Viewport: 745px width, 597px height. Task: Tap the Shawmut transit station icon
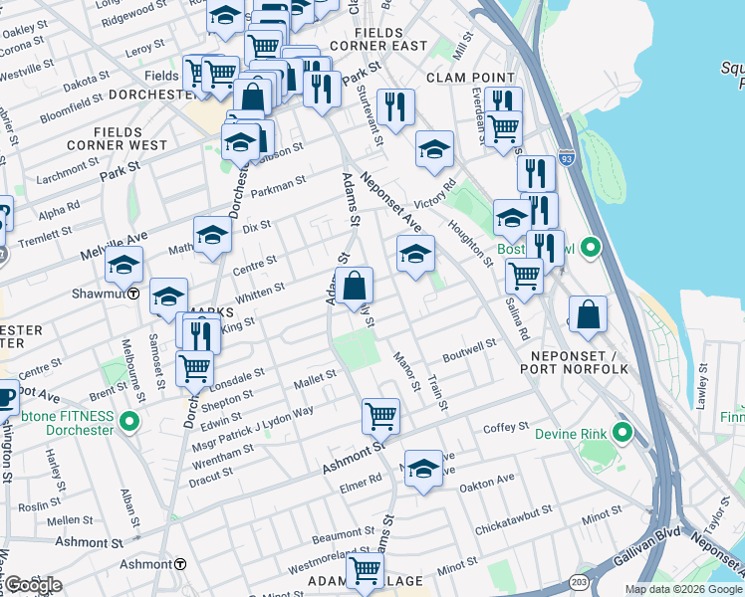pyautogui.click(x=133, y=294)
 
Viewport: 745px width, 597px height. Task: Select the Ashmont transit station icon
pyautogui.click(x=180, y=563)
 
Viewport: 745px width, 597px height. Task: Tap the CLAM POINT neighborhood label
pyautogui.click(x=470, y=77)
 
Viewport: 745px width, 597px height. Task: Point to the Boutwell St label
pyautogui.click(x=469, y=348)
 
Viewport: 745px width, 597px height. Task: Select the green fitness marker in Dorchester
pyautogui.click(x=128, y=424)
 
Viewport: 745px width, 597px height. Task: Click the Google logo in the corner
pyautogui.click(x=33, y=585)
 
